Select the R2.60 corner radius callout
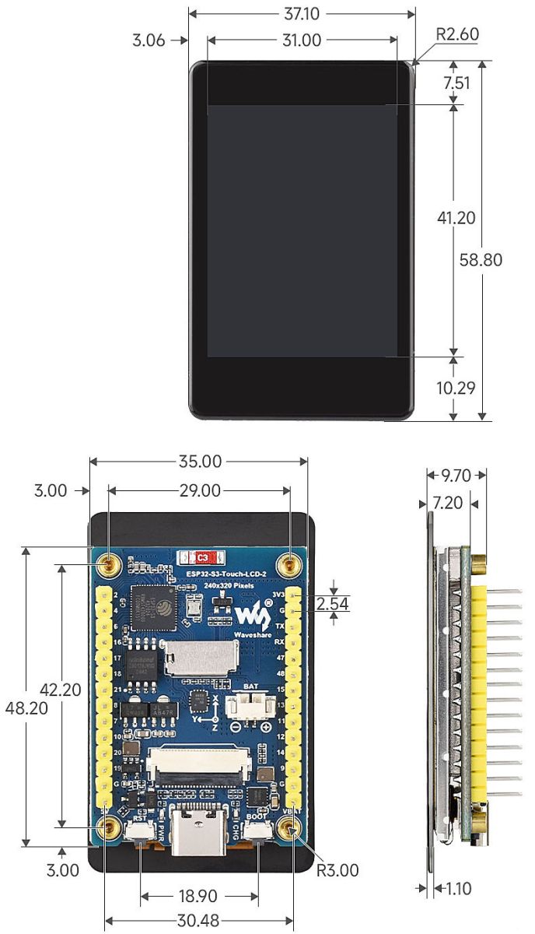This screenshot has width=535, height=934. coord(457,34)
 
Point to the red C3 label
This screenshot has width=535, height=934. coord(201,557)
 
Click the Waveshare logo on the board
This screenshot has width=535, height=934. coord(250,617)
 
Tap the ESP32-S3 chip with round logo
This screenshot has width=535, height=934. coord(153,606)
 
